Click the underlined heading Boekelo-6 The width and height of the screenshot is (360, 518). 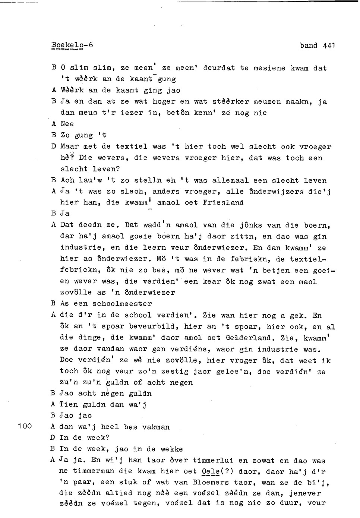[72, 45]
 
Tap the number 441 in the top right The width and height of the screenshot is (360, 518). [329, 45]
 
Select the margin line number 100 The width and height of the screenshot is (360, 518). [25, 426]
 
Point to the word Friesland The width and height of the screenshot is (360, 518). [223, 203]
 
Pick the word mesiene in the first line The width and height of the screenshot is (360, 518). [269, 68]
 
